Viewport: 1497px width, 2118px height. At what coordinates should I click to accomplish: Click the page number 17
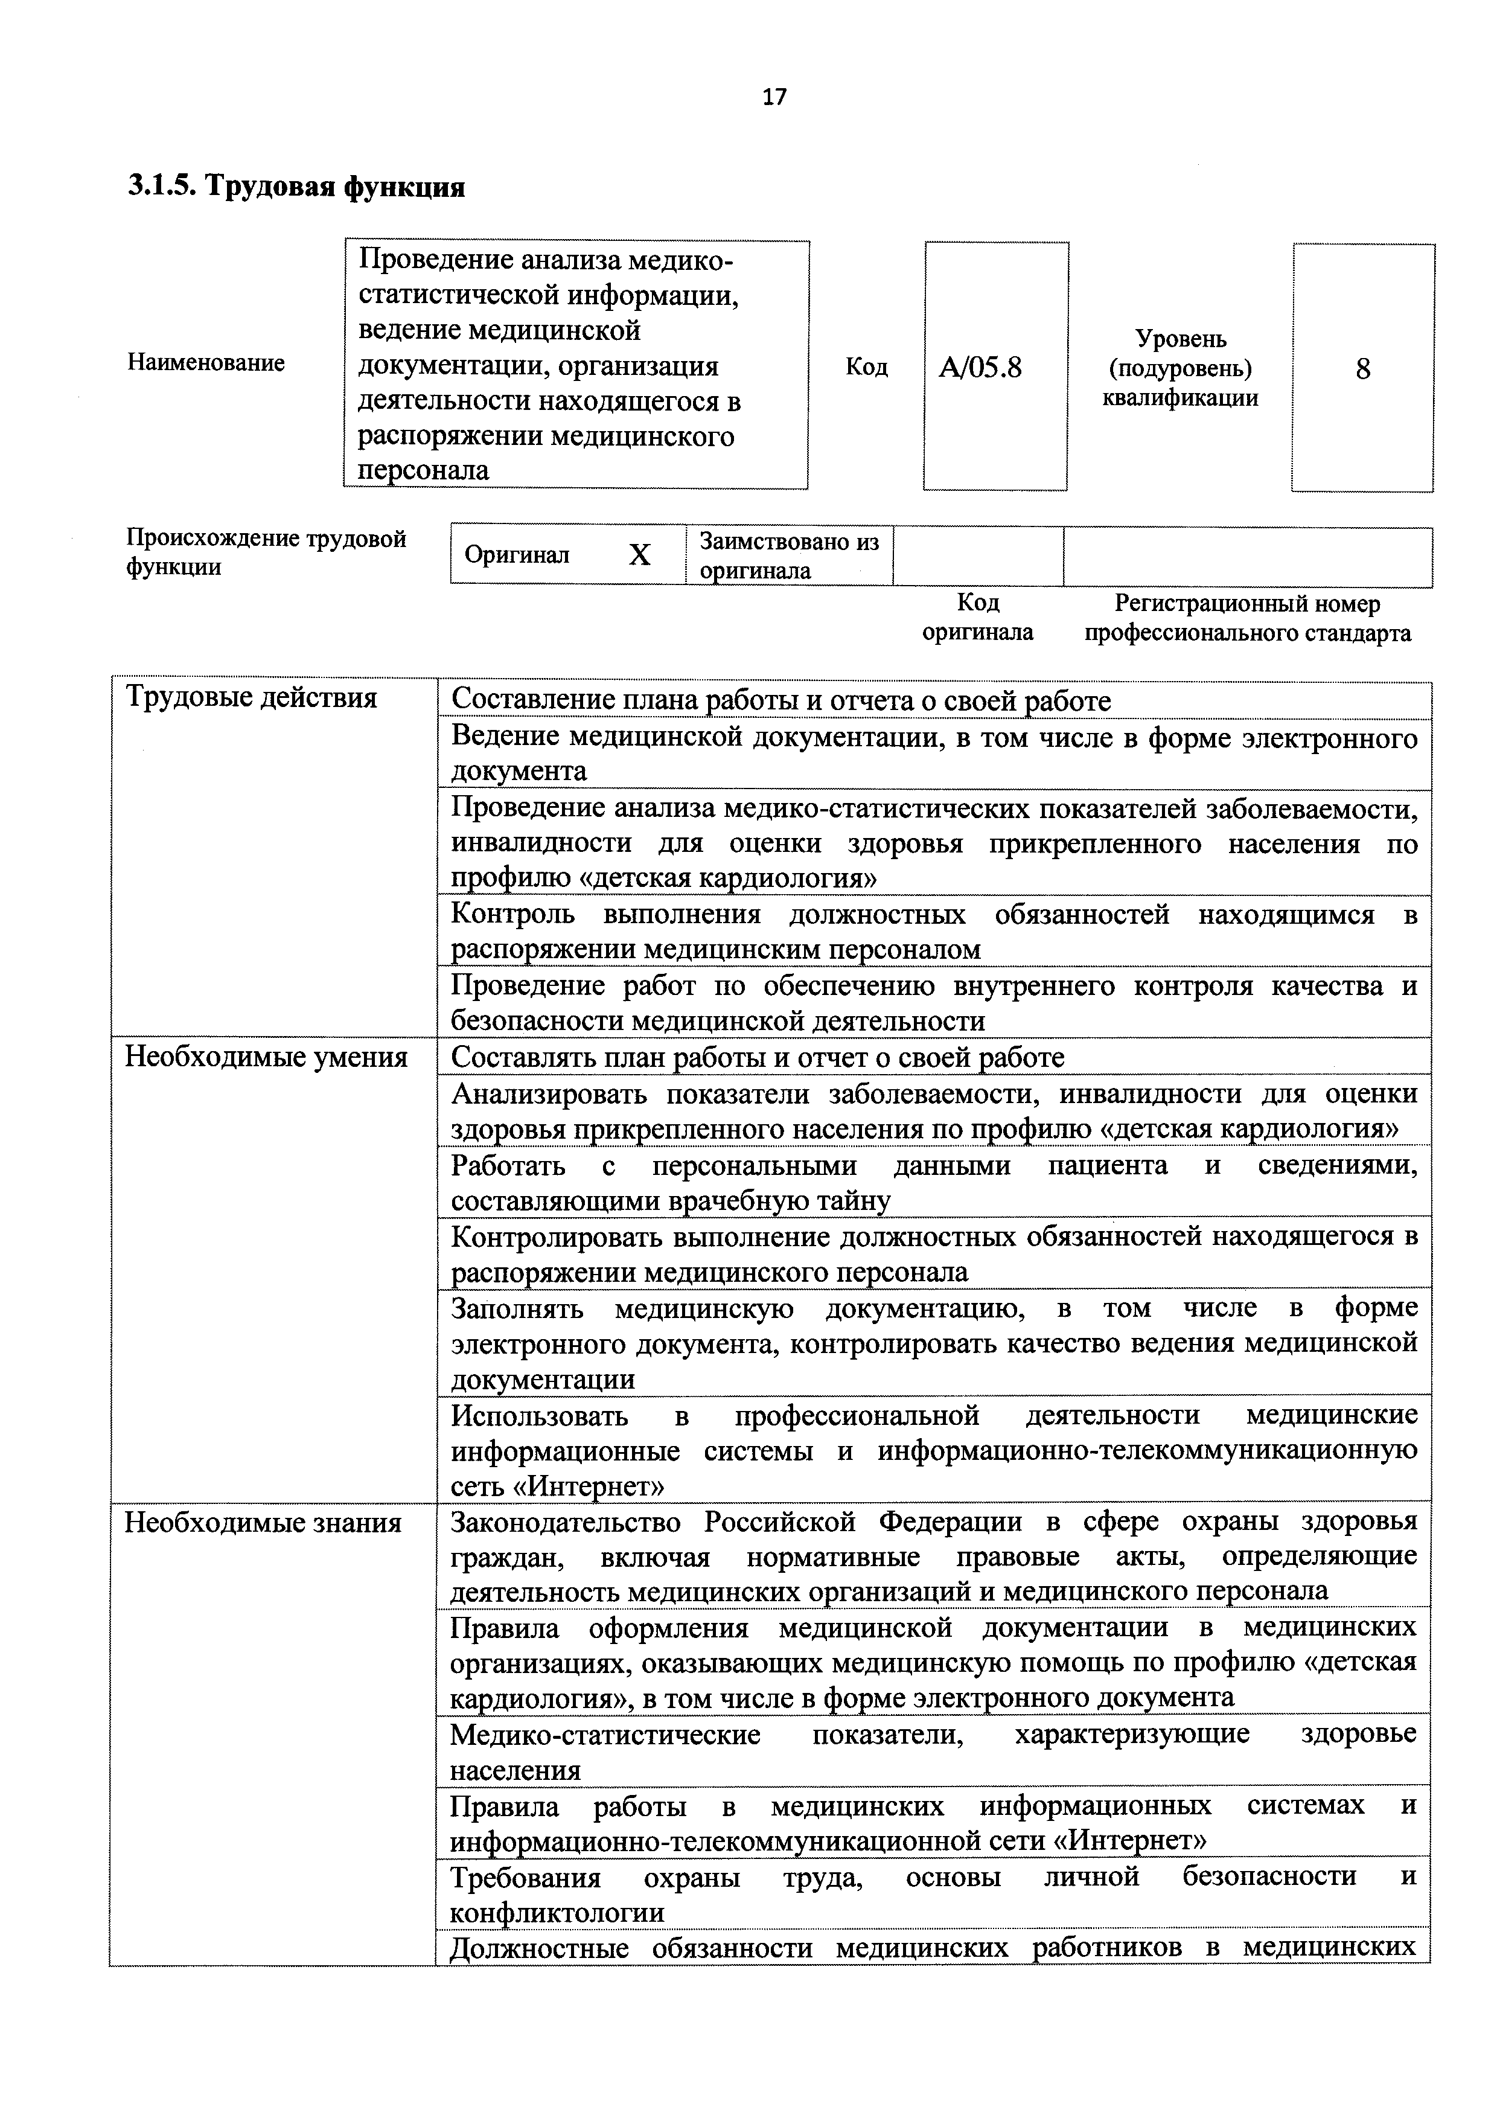[x=775, y=97]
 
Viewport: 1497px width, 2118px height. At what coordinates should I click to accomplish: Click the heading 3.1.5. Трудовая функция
[x=296, y=187]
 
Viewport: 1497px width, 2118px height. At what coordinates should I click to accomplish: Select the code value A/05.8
[x=980, y=368]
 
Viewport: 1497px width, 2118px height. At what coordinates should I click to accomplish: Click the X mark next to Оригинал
[x=639, y=554]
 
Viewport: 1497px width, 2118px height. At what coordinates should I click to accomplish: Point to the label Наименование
[x=206, y=362]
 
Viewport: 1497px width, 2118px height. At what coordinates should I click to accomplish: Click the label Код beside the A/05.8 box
[x=866, y=367]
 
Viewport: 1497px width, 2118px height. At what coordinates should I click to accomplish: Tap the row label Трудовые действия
[x=251, y=697]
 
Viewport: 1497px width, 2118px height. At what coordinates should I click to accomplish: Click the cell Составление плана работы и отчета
[x=780, y=701]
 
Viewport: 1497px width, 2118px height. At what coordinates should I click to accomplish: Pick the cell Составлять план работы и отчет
[x=758, y=1057]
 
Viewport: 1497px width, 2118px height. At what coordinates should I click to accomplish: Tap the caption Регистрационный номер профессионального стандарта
[x=1247, y=618]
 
